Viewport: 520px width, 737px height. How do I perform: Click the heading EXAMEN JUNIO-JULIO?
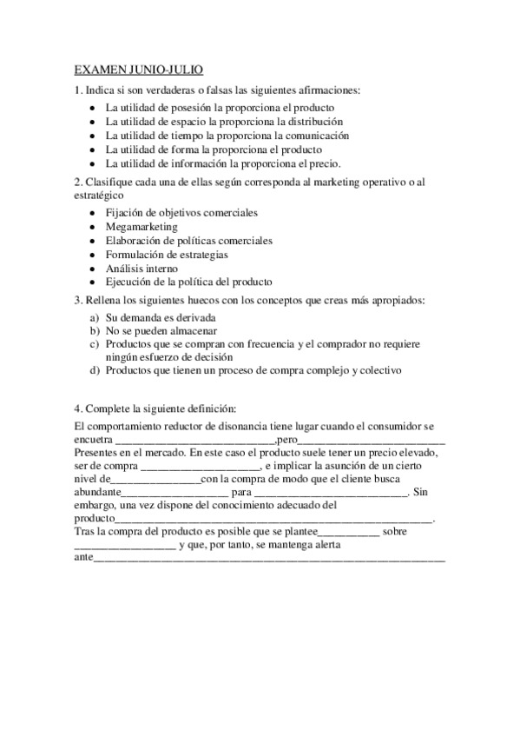click(139, 70)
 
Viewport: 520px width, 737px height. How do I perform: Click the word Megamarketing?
click(142, 227)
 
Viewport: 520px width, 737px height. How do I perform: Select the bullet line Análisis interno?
click(142, 269)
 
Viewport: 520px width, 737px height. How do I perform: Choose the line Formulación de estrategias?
click(167, 255)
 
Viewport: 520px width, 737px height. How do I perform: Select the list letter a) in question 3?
click(95, 317)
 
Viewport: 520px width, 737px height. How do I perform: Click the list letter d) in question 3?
click(95, 370)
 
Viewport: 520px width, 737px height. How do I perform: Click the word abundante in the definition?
click(97, 491)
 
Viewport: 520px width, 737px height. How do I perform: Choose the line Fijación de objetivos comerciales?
click(181, 213)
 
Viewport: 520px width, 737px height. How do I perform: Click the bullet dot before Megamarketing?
click(93, 227)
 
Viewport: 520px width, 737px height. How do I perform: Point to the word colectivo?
click(378, 370)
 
